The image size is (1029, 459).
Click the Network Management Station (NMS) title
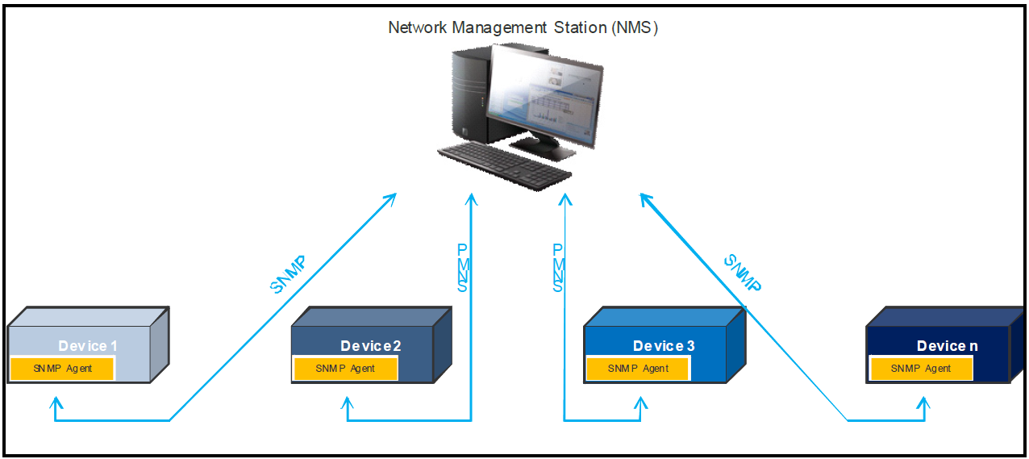(x=523, y=27)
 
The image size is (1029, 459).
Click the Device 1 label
(x=88, y=346)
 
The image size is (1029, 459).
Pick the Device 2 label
(x=371, y=346)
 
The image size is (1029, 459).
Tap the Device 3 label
(x=664, y=346)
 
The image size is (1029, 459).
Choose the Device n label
(x=947, y=346)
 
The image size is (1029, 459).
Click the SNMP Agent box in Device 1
(x=62, y=369)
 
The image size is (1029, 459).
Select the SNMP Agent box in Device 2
(x=345, y=369)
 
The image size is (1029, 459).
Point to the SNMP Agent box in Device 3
(x=638, y=369)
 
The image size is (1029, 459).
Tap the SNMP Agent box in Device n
(x=921, y=369)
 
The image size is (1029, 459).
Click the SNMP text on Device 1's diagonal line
(x=289, y=275)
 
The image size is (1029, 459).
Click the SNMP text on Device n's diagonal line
(x=743, y=273)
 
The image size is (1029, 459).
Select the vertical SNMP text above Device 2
(x=464, y=267)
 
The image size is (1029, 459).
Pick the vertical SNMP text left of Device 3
(x=558, y=267)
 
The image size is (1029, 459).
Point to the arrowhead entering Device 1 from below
(x=55, y=401)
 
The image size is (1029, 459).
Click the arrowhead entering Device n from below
(x=925, y=401)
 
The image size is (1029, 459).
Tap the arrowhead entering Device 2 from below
(x=348, y=401)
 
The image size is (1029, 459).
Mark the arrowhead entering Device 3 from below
(x=641, y=401)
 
